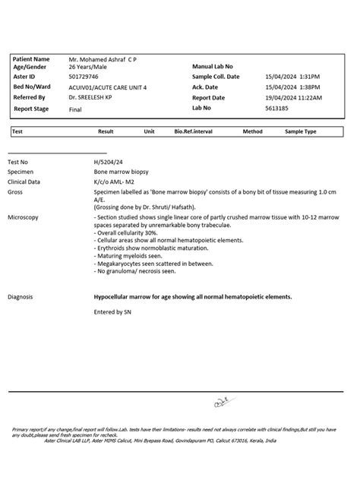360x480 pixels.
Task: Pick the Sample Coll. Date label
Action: [x=216, y=77]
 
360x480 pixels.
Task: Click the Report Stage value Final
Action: [x=75, y=109]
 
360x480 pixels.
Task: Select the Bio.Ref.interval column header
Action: [x=193, y=131]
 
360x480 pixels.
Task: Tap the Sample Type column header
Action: [x=301, y=131]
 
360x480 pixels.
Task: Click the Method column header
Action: [x=252, y=131]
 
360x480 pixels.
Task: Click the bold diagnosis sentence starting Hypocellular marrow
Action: [x=192, y=297]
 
